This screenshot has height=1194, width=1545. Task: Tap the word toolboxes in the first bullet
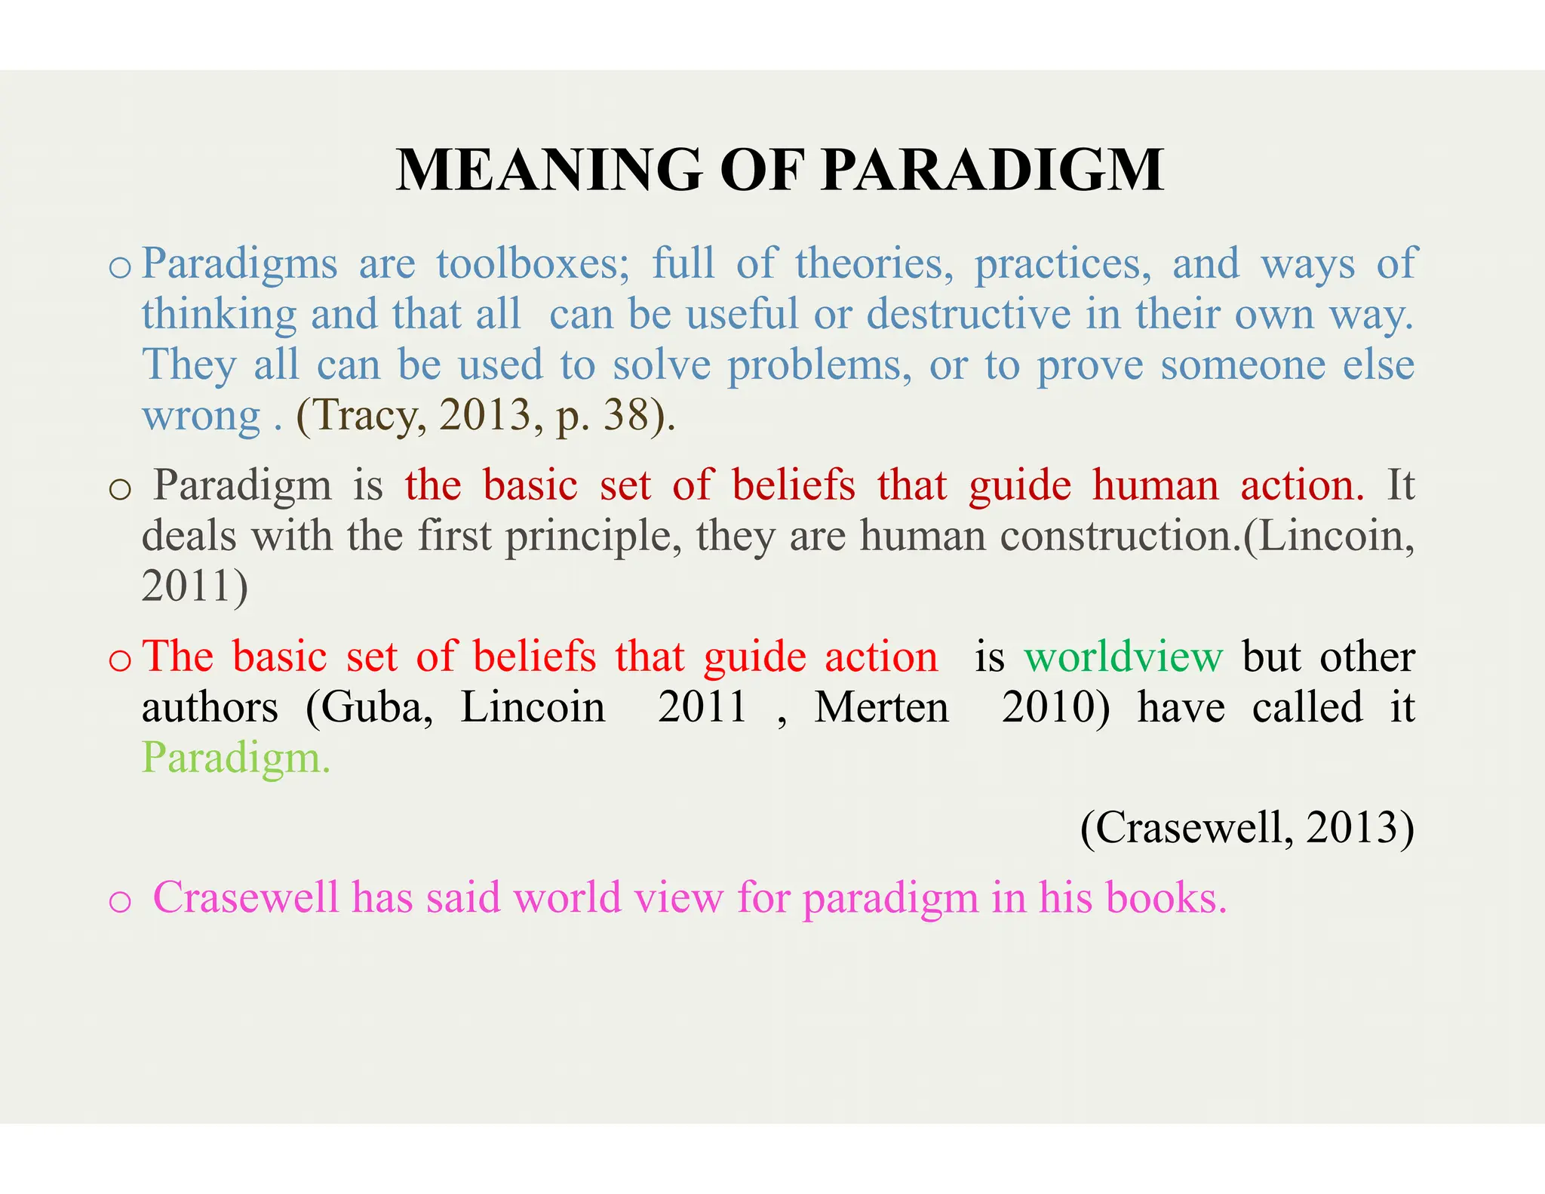(x=533, y=264)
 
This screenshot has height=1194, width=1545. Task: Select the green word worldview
(x=1123, y=657)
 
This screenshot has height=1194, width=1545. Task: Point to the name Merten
(x=881, y=708)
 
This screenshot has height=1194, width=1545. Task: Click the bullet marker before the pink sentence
(x=120, y=901)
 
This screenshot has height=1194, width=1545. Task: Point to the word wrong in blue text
(x=201, y=417)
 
